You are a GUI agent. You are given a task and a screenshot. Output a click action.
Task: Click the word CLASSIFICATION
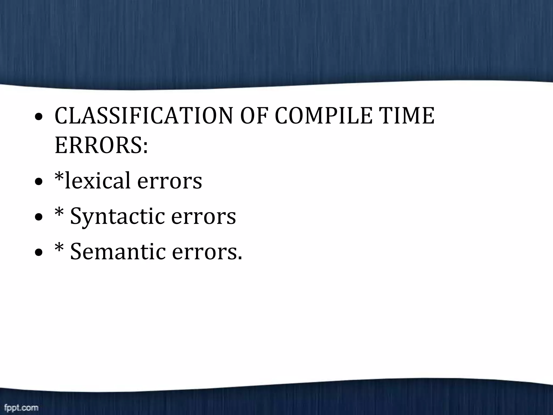(x=143, y=116)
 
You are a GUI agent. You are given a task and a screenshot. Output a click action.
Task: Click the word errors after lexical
(x=169, y=181)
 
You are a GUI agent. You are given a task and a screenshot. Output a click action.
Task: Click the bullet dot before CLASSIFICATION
(x=39, y=117)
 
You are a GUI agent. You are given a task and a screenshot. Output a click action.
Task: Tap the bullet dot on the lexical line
(x=39, y=182)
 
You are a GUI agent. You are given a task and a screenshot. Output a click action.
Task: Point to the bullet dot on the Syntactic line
(x=39, y=217)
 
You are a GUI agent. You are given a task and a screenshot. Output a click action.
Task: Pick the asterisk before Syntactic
(x=59, y=212)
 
